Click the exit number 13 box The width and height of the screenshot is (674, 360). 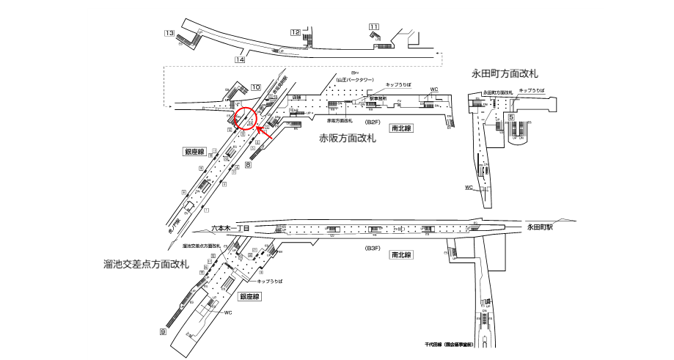[169, 33]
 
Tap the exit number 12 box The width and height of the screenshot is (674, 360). [296, 32]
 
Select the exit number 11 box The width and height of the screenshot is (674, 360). [374, 27]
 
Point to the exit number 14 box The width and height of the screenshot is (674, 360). [239, 59]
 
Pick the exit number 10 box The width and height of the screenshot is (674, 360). [255, 88]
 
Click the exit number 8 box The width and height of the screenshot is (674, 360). [248, 165]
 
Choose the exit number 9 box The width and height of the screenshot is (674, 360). [162, 332]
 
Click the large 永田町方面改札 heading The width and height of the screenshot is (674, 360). [505, 73]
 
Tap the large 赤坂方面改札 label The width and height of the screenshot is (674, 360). [348, 138]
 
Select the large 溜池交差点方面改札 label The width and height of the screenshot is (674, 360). [147, 263]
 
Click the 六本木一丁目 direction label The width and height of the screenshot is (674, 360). [231, 229]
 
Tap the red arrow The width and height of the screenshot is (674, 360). [265, 134]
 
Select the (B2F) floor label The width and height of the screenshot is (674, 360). [373, 122]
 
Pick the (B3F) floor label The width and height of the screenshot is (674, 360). [373, 249]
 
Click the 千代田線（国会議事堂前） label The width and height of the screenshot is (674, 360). [450, 344]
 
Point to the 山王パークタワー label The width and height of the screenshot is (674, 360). [356, 79]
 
